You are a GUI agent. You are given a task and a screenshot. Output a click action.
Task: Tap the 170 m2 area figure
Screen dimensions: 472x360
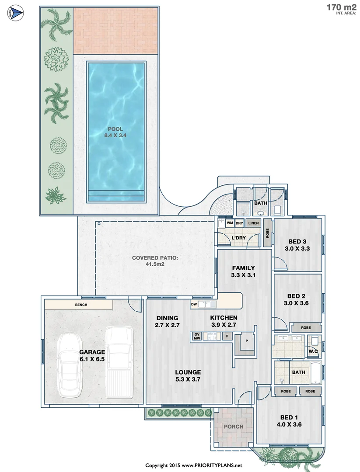341,7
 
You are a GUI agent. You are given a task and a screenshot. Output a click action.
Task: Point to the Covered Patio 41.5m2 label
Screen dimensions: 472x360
155,261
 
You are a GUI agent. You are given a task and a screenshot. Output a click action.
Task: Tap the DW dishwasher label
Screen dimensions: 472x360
194,304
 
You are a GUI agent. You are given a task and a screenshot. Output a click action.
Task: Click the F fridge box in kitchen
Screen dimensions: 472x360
227,336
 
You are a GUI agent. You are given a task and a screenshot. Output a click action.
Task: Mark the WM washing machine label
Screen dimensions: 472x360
230,223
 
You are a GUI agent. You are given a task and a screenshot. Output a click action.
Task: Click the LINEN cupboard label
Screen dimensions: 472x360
254,223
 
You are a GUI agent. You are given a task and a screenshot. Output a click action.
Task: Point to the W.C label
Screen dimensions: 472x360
313,351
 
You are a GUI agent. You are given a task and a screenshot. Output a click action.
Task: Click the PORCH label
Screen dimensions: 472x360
233,427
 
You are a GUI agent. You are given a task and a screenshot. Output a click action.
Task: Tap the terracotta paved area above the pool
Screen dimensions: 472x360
115,30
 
